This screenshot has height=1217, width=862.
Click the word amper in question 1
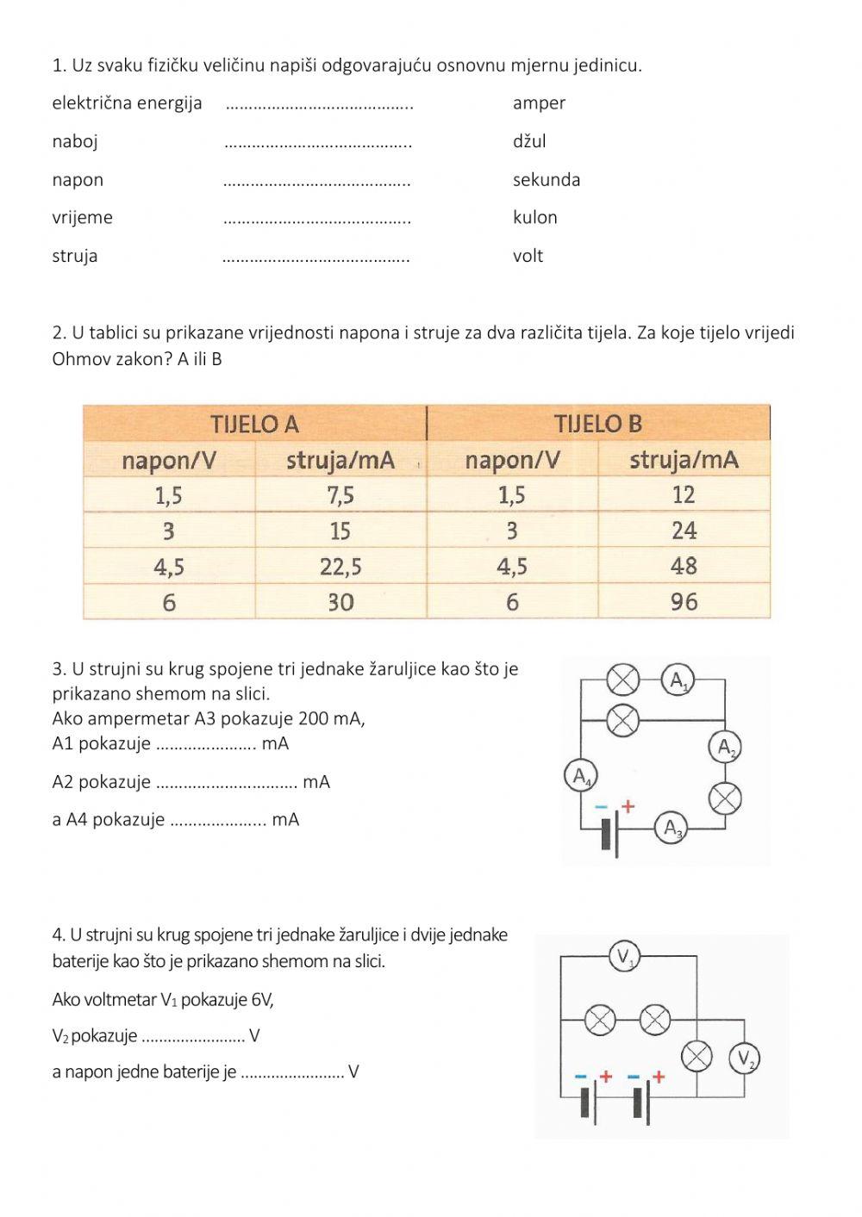(x=539, y=103)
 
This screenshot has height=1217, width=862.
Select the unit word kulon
(x=534, y=218)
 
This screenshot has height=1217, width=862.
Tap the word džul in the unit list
(x=529, y=141)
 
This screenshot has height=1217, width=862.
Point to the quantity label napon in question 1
(x=78, y=180)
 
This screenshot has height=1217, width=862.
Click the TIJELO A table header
(x=255, y=424)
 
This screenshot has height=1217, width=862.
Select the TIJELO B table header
(x=598, y=424)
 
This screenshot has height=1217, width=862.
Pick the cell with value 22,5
(x=340, y=567)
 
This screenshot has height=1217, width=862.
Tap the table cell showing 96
(x=684, y=602)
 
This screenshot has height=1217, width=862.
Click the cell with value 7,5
(x=340, y=495)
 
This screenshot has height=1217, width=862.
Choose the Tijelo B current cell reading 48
(x=684, y=567)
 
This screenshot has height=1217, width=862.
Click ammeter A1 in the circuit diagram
(x=678, y=680)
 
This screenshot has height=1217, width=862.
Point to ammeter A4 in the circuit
(x=581, y=776)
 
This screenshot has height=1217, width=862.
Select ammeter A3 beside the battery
(x=670, y=829)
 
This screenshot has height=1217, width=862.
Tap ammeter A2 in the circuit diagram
(x=725, y=747)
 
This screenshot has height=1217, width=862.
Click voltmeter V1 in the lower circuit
(x=624, y=956)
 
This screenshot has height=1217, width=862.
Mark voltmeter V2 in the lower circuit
(x=744, y=1059)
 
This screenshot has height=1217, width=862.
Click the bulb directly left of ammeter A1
(x=622, y=680)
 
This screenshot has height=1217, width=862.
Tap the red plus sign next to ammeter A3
(x=628, y=807)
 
